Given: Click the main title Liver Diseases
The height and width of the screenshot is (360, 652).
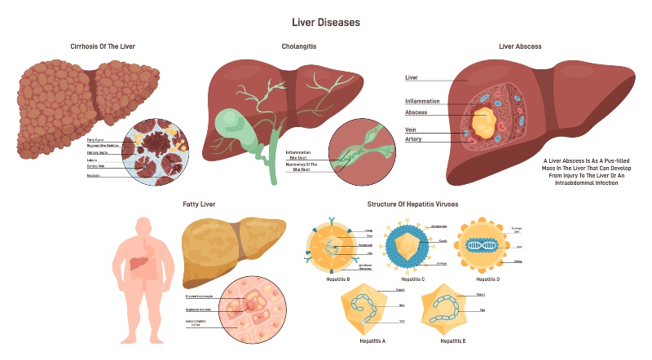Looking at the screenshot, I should [x=325, y=22].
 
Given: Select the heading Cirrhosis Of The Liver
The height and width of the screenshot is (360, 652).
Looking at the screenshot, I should [x=102, y=46].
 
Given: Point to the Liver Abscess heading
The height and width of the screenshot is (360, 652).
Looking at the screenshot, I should [x=520, y=46].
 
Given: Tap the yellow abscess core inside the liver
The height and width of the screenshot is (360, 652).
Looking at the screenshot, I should [x=483, y=122].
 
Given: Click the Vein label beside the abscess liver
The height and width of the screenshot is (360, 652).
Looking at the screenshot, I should [x=412, y=130].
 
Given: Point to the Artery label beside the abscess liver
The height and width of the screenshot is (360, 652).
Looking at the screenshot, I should [x=414, y=139].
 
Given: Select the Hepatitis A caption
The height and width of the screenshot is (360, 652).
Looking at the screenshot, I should [x=372, y=340].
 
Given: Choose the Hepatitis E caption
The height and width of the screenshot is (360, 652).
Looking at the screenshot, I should [x=452, y=340].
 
